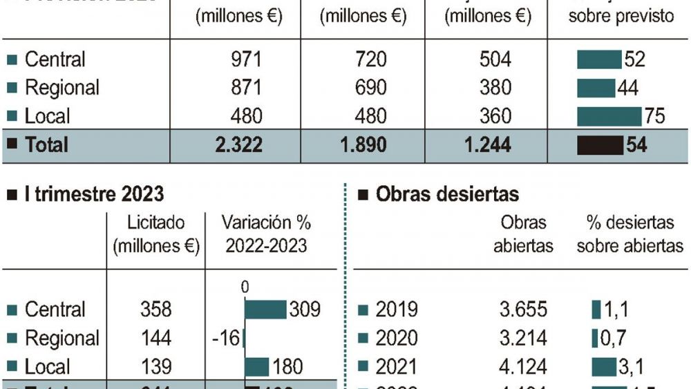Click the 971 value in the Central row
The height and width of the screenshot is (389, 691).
(x=247, y=59)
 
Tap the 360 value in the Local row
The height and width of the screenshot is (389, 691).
(x=496, y=116)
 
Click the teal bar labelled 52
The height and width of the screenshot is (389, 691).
(x=599, y=59)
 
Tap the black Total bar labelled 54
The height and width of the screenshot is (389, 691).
(x=600, y=144)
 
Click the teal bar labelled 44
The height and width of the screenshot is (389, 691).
(x=596, y=88)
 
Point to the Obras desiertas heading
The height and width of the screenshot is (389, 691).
(x=447, y=195)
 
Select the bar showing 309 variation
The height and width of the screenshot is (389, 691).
(x=265, y=310)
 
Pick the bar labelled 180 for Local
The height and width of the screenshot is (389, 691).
(x=256, y=367)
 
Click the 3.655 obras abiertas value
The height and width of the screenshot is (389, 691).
(x=523, y=310)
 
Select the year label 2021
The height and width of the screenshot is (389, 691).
(x=397, y=367)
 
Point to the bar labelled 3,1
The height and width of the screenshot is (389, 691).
(x=603, y=367)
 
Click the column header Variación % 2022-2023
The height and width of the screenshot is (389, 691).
(x=266, y=234)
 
